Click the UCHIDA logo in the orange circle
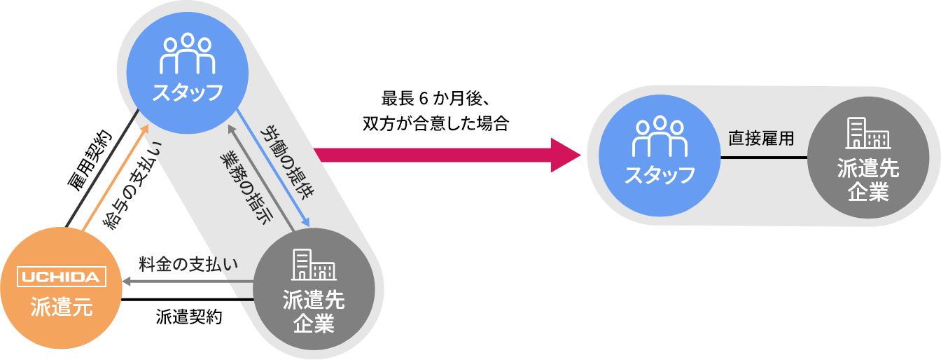point(62,277)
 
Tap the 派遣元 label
point(62,307)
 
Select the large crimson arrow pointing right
point(447,155)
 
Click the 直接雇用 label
point(761,138)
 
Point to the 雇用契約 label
point(90,161)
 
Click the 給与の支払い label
point(133,185)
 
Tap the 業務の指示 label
point(246,186)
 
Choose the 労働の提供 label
point(287,162)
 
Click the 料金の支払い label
point(188,264)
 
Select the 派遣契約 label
point(188,317)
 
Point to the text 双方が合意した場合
point(435,123)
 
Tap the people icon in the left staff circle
point(188,53)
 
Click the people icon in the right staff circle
point(660,136)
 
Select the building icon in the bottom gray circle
point(314,265)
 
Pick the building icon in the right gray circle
point(868,133)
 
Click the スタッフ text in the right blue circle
point(660,175)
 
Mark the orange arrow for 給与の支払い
point(116,177)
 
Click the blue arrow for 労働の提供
point(272,168)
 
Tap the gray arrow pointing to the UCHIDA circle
point(188,281)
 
